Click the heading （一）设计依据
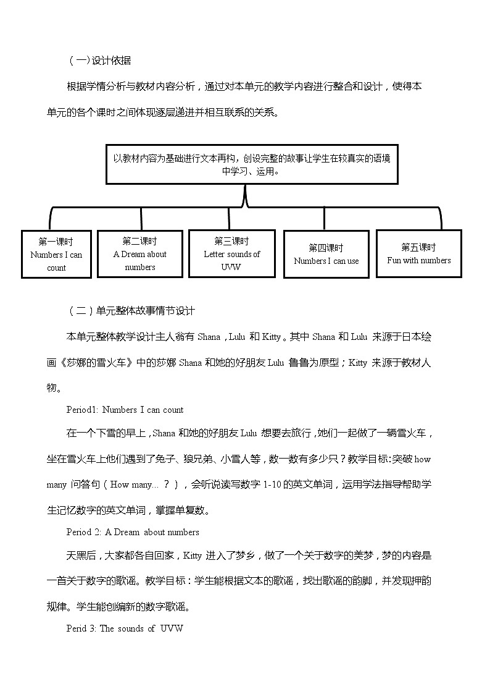click(99, 61)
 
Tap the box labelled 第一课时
click(56, 254)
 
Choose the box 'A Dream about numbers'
click(139, 253)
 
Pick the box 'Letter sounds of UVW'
click(231, 253)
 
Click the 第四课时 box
click(326, 254)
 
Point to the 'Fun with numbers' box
click(418, 253)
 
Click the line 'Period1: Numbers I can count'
click(125, 409)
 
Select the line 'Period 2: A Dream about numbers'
click(133, 531)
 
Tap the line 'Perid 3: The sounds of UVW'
click(125, 628)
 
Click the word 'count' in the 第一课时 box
click(56, 268)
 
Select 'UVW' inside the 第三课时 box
click(231, 267)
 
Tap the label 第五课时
click(418, 247)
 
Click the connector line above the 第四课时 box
click(325, 219)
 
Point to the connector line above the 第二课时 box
click(141, 219)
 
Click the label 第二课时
click(139, 241)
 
